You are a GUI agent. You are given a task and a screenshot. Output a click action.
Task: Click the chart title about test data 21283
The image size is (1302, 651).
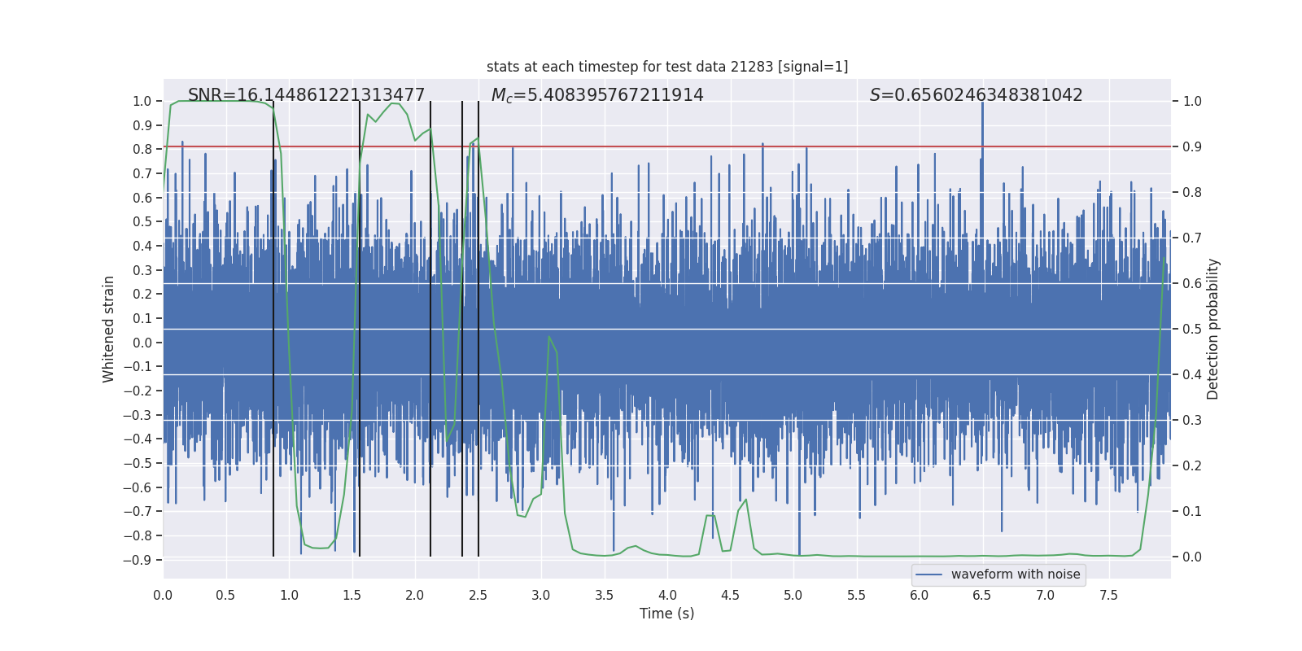click(x=667, y=67)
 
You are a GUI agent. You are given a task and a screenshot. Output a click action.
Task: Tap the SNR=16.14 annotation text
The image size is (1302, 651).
click(x=306, y=95)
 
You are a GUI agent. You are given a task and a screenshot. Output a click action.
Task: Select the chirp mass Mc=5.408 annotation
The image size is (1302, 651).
click(x=597, y=95)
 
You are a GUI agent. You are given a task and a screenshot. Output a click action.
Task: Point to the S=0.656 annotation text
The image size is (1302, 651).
click(x=976, y=95)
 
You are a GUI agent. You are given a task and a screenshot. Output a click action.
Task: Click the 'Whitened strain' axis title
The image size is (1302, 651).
click(x=108, y=329)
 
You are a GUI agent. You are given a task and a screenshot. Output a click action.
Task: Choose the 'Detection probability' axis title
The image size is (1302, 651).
click(x=1213, y=329)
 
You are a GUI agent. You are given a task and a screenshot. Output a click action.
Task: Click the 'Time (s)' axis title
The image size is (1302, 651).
click(x=666, y=614)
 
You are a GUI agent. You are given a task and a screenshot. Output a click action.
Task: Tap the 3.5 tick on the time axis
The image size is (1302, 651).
click(x=604, y=595)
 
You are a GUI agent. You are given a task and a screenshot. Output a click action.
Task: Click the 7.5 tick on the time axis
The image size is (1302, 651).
click(x=1108, y=595)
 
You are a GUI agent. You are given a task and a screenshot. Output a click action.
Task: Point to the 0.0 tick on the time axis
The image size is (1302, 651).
click(x=163, y=595)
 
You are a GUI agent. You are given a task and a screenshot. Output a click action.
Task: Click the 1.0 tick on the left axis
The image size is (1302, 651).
click(x=142, y=101)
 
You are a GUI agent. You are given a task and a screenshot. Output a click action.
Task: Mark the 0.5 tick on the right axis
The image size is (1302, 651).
click(x=1191, y=329)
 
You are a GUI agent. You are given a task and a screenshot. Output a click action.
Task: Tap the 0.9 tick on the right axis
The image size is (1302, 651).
click(x=1191, y=146)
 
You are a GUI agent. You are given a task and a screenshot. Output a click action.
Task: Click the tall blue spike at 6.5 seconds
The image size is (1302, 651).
click(x=982, y=130)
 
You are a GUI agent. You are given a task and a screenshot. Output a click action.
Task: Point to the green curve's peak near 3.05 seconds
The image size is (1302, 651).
click(x=549, y=336)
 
